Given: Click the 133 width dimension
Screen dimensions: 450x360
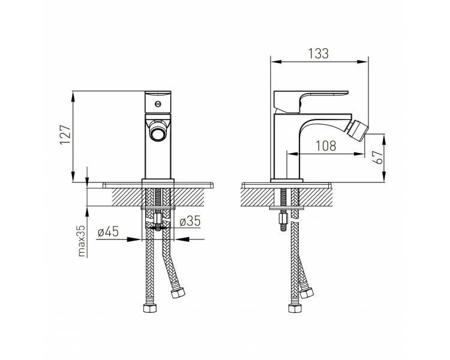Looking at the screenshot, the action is click(318, 53).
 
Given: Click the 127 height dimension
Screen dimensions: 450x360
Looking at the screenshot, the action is click(65, 134).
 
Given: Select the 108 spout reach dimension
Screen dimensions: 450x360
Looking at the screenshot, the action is click(326, 146).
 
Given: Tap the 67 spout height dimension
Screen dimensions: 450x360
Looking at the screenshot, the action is click(379, 157).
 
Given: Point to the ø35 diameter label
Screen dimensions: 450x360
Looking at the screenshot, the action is click(190, 221).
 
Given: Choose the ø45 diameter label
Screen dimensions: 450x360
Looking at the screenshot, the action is click(108, 232).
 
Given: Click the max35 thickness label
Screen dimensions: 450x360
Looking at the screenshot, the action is click(82, 241).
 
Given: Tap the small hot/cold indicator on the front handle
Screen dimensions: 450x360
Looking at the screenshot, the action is click(157, 104).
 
